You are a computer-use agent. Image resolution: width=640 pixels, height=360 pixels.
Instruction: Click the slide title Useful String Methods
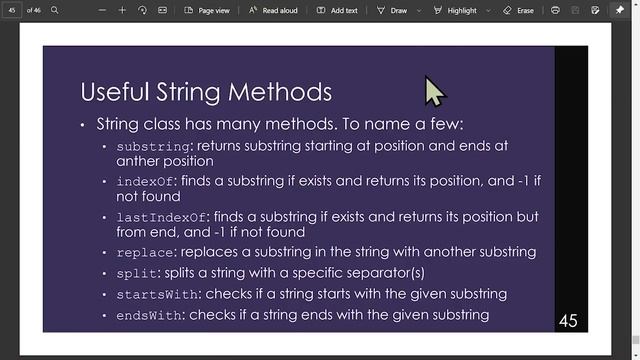click(x=205, y=92)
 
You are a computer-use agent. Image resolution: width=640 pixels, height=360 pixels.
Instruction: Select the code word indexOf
click(x=145, y=181)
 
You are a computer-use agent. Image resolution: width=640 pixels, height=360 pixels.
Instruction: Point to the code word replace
click(x=145, y=252)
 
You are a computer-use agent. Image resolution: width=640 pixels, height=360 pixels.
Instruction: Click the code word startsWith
click(x=158, y=294)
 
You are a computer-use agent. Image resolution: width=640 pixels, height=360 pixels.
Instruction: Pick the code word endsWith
click(x=150, y=315)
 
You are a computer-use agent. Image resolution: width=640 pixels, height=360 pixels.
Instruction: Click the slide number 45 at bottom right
click(x=568, y=321)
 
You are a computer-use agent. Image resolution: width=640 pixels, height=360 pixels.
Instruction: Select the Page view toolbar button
click(x=208, y=10)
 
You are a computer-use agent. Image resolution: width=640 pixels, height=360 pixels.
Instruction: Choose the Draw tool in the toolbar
click(x=392, y=10)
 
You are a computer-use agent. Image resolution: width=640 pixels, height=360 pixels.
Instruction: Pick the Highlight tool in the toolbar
click(x=455, y=10)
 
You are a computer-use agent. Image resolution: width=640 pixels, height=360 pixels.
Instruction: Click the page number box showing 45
click(x=13, y=10)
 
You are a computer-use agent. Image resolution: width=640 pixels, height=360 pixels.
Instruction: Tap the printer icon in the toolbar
click(x=556, y=10)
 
